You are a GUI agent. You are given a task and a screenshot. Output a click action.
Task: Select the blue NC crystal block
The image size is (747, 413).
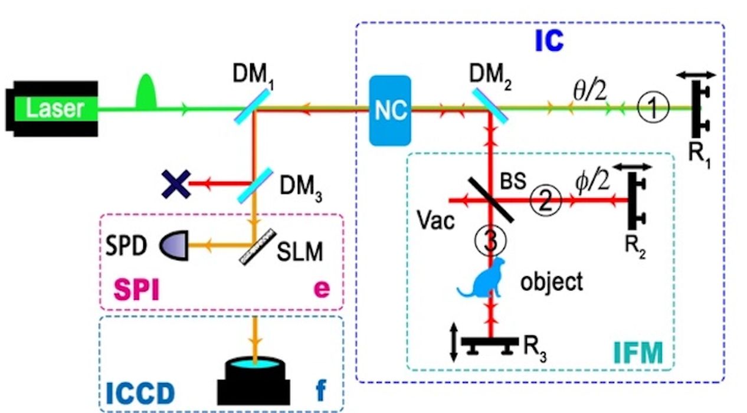click(x=390, y=110)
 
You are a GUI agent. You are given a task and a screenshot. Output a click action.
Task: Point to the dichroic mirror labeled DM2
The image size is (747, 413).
click(x=489, y=104)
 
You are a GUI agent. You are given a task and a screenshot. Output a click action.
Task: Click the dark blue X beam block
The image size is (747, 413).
click(x=176, y=185)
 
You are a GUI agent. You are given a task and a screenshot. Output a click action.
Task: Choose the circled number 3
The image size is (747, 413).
click(x=490, y=240)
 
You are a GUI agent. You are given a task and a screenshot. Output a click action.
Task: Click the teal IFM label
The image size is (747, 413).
click(x=638, y=353)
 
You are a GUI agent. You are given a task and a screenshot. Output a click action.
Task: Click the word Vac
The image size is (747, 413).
click(x=435, y=221)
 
